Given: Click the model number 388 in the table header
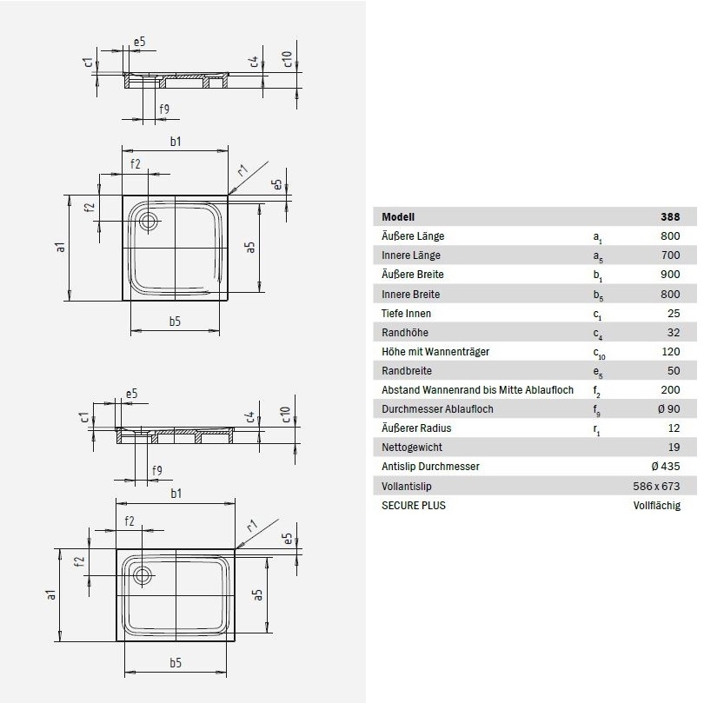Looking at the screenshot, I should [x=670, y=217].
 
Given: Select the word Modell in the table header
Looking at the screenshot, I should [x=398, y=217].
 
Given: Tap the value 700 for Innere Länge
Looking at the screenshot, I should [x=670, y=255].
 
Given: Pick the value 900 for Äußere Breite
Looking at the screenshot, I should [x=670, y=275].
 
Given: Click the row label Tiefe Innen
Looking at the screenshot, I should [x=406, y=313].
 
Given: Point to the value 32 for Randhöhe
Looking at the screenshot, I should [x=674, y=332].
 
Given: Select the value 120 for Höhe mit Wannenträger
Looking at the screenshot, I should [x=670, y=351].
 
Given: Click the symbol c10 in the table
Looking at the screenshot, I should [x=598, y=352].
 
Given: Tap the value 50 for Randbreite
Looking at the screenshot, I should [x=674, y=370].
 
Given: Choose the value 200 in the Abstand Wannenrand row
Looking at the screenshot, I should [x=670, y=390].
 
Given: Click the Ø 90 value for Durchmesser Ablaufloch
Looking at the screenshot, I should [x=668, y=409].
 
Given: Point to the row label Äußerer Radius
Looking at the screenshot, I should [x=416, y=428].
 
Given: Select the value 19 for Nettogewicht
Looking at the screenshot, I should [x=674, y=448].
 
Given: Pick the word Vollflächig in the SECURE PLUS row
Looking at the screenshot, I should [x=657, y=505].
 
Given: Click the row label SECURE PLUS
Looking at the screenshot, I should [x=413, y=505].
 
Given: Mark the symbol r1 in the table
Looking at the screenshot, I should [x=597, y=429].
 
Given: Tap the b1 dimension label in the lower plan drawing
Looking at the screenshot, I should [x=176, y=494].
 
